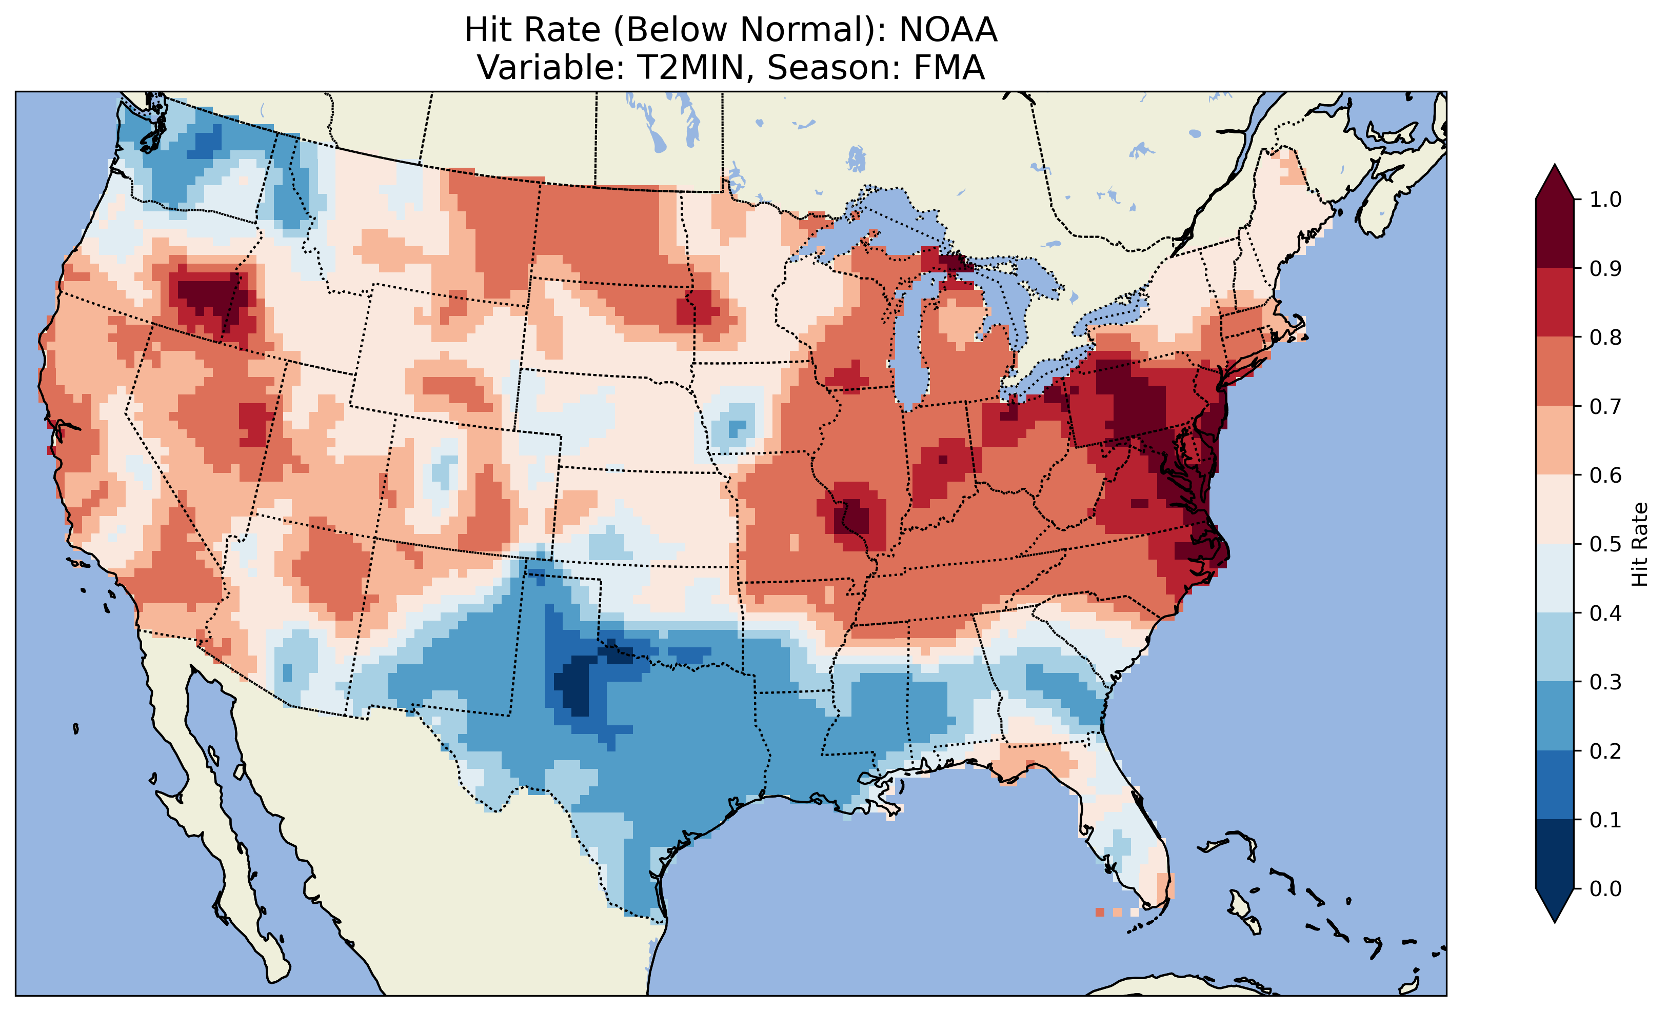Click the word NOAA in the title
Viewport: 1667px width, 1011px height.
948,30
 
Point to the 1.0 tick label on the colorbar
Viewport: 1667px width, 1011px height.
1605,200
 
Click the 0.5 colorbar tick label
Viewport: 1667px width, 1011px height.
1605,544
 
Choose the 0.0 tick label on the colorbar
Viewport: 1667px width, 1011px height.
1605,888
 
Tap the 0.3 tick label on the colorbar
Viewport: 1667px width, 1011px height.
1605,682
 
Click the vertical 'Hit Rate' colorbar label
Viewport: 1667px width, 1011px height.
1639,544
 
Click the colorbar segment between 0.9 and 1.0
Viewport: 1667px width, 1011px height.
1555,233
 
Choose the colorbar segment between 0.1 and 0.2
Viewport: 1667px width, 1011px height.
1555,785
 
